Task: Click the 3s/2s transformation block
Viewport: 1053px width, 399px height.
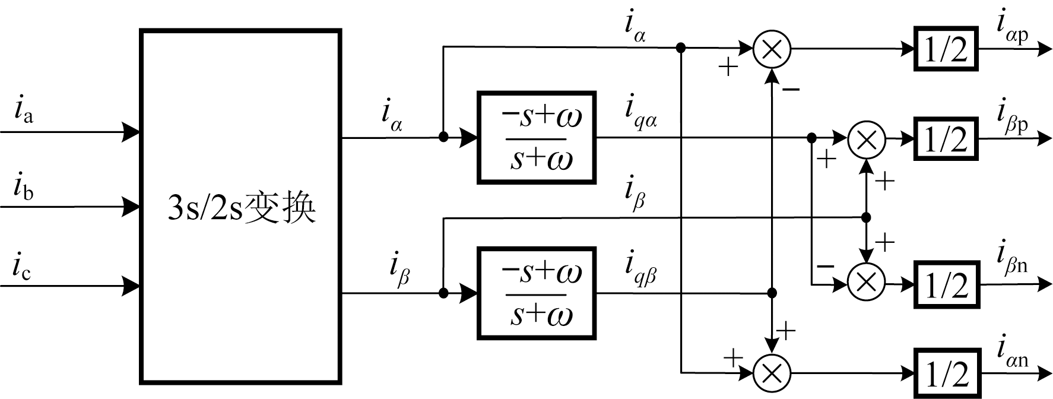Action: [240, 207]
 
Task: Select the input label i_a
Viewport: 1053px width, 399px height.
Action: [23, 112]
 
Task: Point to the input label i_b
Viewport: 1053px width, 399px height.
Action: [23, 188]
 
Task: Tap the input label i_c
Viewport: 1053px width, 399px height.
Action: [22, 268]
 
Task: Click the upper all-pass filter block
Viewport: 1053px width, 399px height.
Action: [537, 138]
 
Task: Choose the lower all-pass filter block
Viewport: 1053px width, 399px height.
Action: [537, 293]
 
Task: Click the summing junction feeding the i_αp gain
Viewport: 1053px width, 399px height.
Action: [772, 49]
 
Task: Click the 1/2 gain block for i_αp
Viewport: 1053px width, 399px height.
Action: [946, 49]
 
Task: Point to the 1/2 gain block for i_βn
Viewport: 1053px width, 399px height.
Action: [946, 283]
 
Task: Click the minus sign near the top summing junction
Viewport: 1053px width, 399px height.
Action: [791, 90]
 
